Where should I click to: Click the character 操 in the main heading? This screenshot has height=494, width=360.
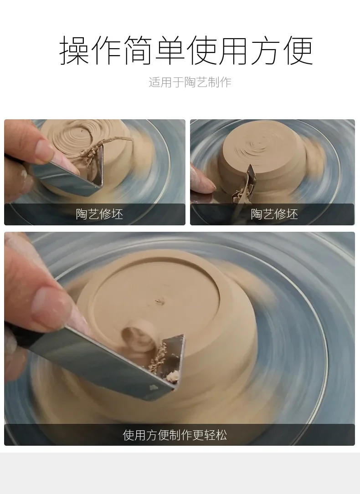75,51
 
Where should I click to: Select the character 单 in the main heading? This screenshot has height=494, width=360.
170,51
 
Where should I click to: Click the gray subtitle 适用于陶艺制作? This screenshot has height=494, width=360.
190,82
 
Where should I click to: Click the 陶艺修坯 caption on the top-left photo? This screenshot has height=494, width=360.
99,214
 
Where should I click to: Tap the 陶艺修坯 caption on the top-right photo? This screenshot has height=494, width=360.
274,214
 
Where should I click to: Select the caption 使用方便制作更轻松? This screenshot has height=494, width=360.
175,435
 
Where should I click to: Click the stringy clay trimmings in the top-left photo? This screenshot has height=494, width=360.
95,151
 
